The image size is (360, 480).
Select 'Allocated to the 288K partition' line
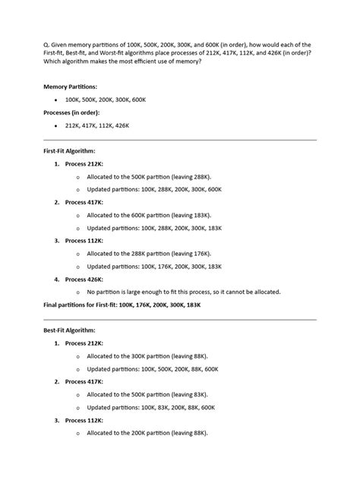point(149,253)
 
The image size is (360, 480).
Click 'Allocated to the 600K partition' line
point(149,215)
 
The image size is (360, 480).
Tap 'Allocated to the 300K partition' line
point(147,355)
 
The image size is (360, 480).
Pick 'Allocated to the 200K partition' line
point(147,433)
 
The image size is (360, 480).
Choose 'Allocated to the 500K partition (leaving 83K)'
point(147,394)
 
